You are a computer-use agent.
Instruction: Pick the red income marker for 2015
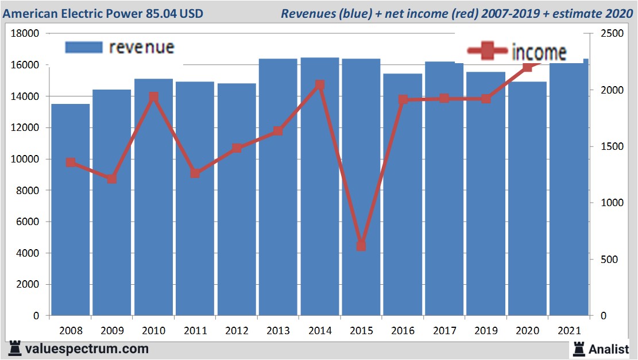(x=361, y=246)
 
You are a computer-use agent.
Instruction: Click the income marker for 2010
(x=153, y=97)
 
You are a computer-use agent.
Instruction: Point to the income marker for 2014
(x=320, y=85)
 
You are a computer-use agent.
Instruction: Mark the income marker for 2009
(x=112, y=179)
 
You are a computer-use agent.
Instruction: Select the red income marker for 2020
(x=528, y=67)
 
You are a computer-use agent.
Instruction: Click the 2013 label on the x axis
(x=278, y=331)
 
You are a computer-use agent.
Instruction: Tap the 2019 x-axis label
(x=486, y=331)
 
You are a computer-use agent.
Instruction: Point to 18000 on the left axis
(x=25, y=34)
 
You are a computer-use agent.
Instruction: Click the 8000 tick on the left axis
(x=28, y=191)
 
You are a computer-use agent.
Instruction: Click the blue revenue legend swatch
(x=83, y=47)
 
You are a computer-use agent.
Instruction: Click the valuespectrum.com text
(x=87, y=349)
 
